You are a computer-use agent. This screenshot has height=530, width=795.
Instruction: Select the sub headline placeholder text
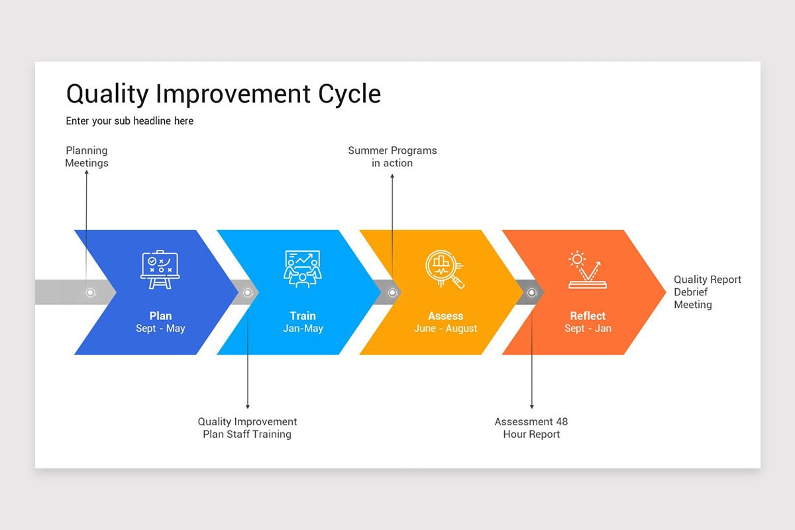point(129,121)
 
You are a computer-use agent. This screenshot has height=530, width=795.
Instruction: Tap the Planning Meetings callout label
point(87,157)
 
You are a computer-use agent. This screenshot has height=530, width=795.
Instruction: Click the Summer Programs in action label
point(392,157)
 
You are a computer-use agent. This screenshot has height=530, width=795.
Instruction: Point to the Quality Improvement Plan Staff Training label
point(247,428)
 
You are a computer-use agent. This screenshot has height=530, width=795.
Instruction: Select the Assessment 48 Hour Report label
point(531,428)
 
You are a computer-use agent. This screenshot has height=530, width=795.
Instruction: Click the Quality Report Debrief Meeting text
point(707,292)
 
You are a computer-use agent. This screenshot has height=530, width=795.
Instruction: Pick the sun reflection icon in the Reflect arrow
point(587,269)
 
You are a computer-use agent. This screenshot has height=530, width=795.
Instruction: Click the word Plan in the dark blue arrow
point(160,316)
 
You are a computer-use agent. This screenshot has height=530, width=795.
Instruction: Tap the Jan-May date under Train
point(303,329)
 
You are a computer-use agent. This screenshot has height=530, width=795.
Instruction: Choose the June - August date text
point(445,329)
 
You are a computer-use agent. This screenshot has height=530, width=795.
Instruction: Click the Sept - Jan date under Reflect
point(588,329)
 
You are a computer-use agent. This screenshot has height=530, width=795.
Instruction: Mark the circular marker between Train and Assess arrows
point(392,292)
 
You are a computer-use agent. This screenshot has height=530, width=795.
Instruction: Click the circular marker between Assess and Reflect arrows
point(531,292)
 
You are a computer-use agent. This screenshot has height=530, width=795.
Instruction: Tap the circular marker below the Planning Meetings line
point(91,292)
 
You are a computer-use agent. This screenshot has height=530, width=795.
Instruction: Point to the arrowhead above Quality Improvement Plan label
point(248,405)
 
